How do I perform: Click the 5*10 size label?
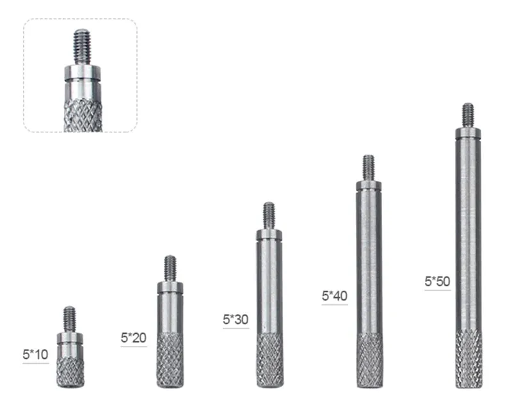point(36,355)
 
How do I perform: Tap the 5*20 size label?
point(134,338)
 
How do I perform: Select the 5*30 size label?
point(236,320)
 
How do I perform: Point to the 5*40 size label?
point(335,296)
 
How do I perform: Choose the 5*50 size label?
point(437,281)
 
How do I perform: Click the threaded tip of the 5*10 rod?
point(70,319)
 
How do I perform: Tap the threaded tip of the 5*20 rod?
point(170,268)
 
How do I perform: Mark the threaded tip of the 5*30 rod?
point(269,215)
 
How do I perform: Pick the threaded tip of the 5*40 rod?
point(369,168)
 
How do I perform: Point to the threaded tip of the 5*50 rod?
point(468,116)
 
